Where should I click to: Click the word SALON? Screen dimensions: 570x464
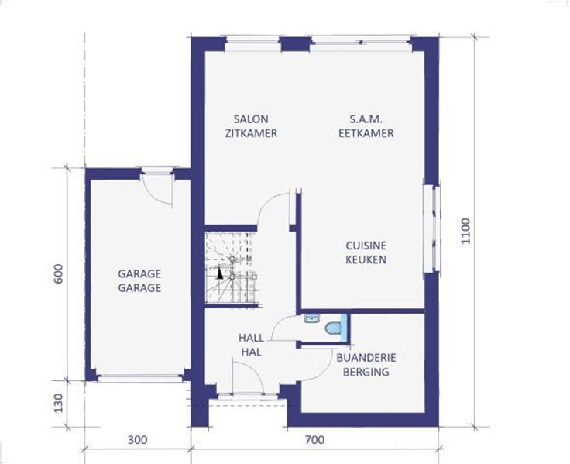(x=251, y=119)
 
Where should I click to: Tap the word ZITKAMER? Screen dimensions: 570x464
(x=251, y=133)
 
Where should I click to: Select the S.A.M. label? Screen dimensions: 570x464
(x=366, y=119)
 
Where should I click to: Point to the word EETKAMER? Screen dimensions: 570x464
(x=366, y=133)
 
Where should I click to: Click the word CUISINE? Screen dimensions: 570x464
(x=366, y=246)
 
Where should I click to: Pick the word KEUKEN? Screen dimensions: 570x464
(x=366, y=259)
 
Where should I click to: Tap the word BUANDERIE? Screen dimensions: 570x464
(x=366, y=357)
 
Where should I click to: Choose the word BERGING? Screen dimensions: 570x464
(x=366, y=372)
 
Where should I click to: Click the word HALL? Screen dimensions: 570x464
(x=251, y=338)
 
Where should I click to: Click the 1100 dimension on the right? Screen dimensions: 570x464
(x=465, y=232)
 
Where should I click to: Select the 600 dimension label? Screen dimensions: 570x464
(x=58, y=273)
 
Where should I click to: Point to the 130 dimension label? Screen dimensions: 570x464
(x=58, y=403)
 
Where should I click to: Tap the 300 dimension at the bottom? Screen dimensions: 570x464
(x=138, y=440)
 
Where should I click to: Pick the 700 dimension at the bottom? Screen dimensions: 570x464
(x=314, y=440)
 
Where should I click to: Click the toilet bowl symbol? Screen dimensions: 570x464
(x=332, y=328)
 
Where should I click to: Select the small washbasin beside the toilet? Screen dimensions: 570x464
(x=312, y=319)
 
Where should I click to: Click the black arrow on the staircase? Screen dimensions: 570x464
(x=219, y=273)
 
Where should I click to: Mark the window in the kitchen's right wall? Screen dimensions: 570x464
(x=432, y=229)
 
